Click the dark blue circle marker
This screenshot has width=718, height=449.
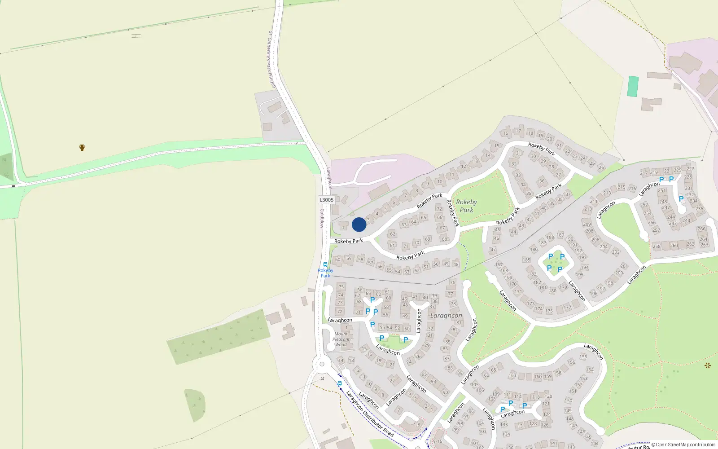359,224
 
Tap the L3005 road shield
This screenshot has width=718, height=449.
327,200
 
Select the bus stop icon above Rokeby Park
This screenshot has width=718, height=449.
325,264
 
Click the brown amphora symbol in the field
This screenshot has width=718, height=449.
82,147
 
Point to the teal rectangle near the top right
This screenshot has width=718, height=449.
633,86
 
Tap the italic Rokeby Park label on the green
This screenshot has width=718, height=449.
467,206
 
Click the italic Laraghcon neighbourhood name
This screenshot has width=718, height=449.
446,316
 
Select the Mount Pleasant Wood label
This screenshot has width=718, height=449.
341,339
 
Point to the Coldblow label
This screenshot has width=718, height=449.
322,218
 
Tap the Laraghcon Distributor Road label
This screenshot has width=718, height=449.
369,414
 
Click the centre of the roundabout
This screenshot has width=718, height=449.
322,364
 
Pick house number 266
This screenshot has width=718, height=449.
701,229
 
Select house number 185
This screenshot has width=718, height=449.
526,260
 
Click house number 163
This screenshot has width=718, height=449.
512,375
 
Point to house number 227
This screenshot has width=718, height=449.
690,169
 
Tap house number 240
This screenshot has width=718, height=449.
686,220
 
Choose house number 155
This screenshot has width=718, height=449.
583,357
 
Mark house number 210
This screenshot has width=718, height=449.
588,209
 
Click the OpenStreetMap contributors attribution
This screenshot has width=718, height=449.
683,445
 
